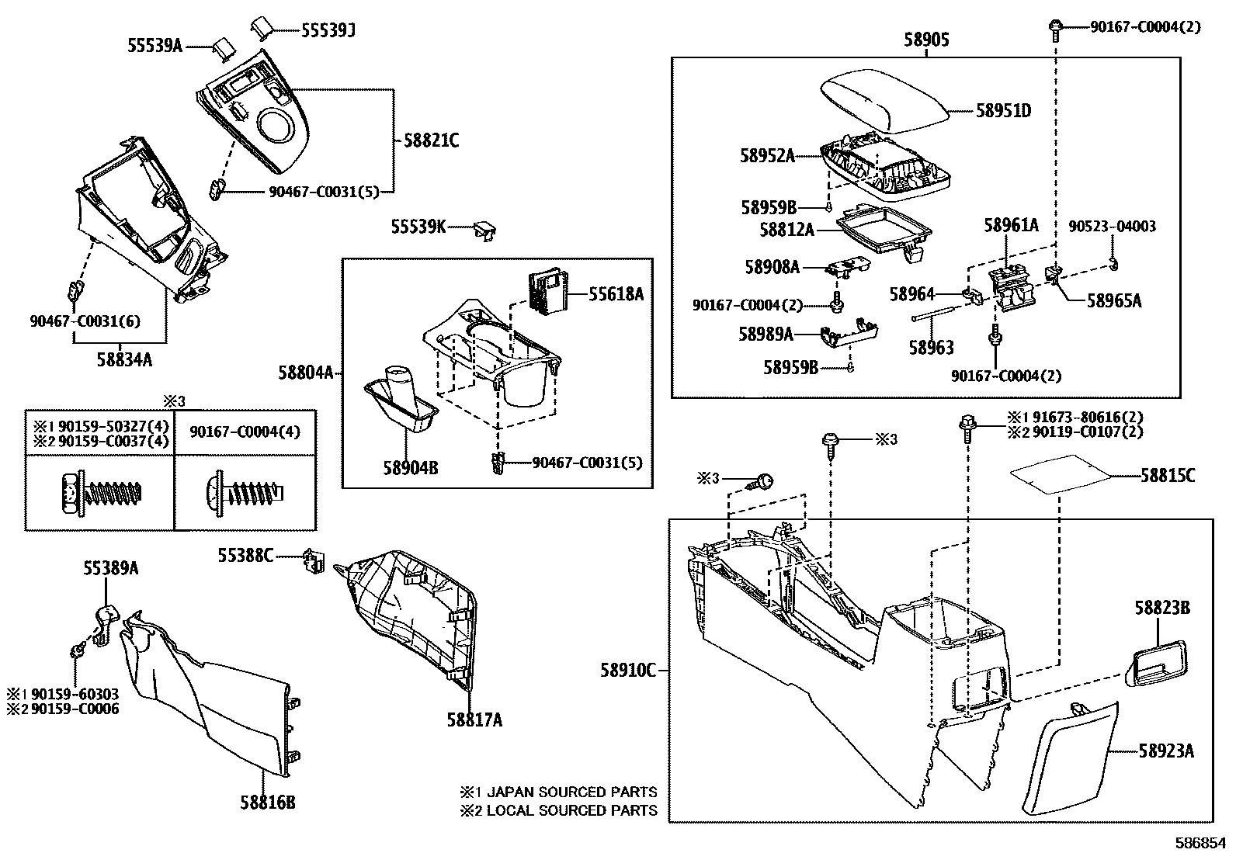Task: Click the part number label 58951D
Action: [x=1003, y=111]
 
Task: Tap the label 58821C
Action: [x=431, y=140]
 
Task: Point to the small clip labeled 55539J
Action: [x=260, y=28]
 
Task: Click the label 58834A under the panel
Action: [x=124, y=359]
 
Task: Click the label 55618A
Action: [x=616, y=294]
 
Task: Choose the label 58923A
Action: [x=1165, y=751]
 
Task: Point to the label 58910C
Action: [x=627, y=670]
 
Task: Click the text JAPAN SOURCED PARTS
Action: [x=571, y=792]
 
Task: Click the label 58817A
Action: [x=474, y=720]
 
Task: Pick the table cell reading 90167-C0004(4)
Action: [x=245, y=432]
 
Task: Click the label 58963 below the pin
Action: [x=932, y=348]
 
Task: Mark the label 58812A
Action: [x=786, y=231]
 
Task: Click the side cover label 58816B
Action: [x=267, y=803]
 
